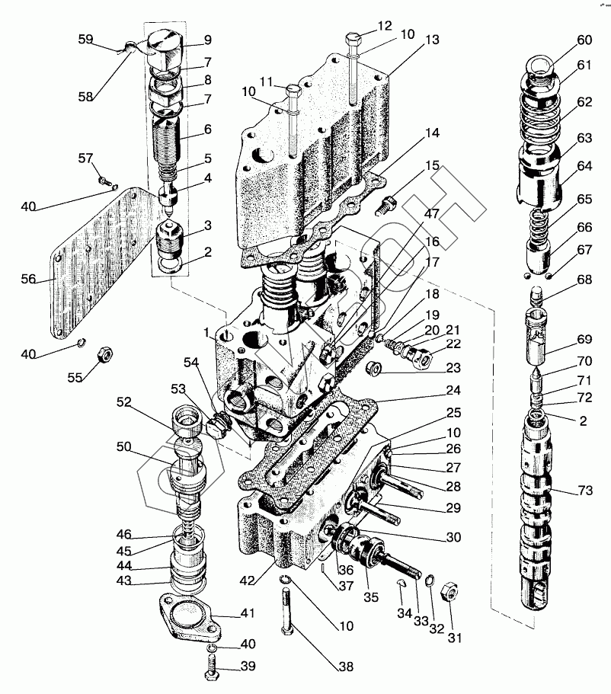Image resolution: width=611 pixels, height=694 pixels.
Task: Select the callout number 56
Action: (27, 279)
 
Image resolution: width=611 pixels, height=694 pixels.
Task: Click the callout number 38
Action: (346, 667)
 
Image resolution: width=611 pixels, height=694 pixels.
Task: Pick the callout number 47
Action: (432, 214)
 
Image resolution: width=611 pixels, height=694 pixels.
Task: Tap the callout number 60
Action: (584, 40)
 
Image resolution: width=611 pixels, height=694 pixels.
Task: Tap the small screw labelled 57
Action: (104, 181)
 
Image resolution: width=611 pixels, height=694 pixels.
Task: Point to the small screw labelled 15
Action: (389, 201)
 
